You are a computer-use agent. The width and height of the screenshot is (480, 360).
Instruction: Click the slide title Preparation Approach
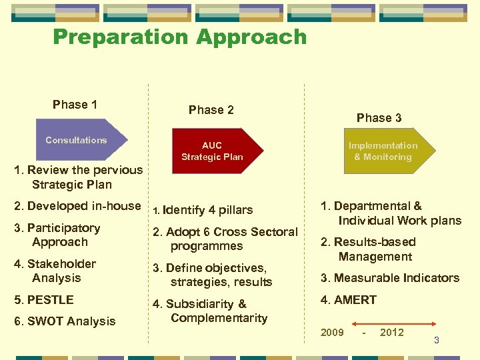click(x=179, y=37)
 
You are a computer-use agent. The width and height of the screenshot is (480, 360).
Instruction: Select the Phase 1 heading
click(x=75, y=105)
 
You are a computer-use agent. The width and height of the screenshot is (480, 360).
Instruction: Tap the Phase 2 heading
click(x=211, y=110)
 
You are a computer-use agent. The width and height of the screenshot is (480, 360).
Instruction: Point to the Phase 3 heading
click(x=379, y=118)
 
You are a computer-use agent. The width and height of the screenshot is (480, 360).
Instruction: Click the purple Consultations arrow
click(x=77, y=140)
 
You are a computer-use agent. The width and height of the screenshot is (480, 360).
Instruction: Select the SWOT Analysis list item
click(x=65, y=321)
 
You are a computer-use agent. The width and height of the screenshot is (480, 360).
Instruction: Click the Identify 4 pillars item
click(x=203, y=210)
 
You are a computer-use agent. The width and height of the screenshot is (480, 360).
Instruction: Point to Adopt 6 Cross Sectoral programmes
click(x=225, y=239)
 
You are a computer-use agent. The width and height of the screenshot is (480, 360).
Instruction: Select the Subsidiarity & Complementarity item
click(x=210, y=311)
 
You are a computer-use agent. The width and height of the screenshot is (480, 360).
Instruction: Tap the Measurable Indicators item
click(x=390, y=278)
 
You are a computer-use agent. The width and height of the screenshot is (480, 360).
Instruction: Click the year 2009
click(x=332, y=333)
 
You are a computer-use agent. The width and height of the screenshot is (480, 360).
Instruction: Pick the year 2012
click(x=391, y=333)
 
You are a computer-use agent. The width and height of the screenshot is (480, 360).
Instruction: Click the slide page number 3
click(x=436, y=341)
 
